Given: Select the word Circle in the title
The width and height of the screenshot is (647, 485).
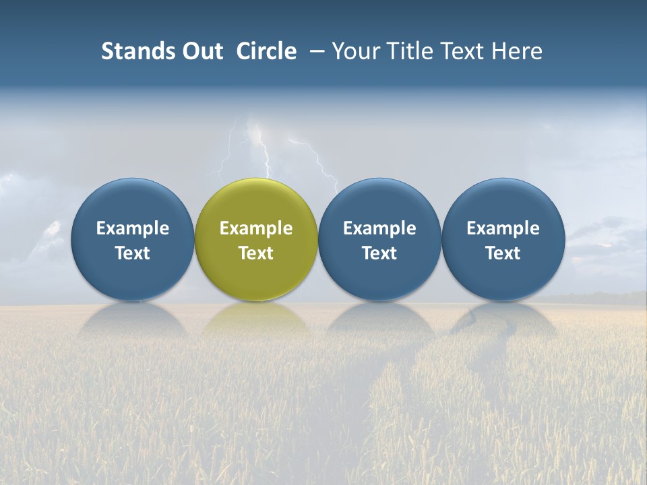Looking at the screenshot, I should tap(266, 51).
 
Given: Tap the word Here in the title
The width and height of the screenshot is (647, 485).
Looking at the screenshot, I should tap(517, 51).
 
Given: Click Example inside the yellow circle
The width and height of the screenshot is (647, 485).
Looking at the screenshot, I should tap(256, 228).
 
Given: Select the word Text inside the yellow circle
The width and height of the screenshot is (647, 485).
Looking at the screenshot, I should tap(256, 253).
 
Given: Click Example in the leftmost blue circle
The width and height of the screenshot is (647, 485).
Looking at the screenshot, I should tap(133, 228).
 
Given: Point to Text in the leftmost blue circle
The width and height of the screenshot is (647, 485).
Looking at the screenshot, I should tap(133, 253).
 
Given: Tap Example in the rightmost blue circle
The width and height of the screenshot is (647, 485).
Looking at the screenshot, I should tap(503, 228).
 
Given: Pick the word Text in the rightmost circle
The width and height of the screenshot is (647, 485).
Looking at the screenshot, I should tap(503, 253).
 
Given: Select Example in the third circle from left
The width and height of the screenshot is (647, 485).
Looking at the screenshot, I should tap(379, 228).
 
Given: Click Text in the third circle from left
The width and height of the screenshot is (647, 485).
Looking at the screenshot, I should tap(379, 253).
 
